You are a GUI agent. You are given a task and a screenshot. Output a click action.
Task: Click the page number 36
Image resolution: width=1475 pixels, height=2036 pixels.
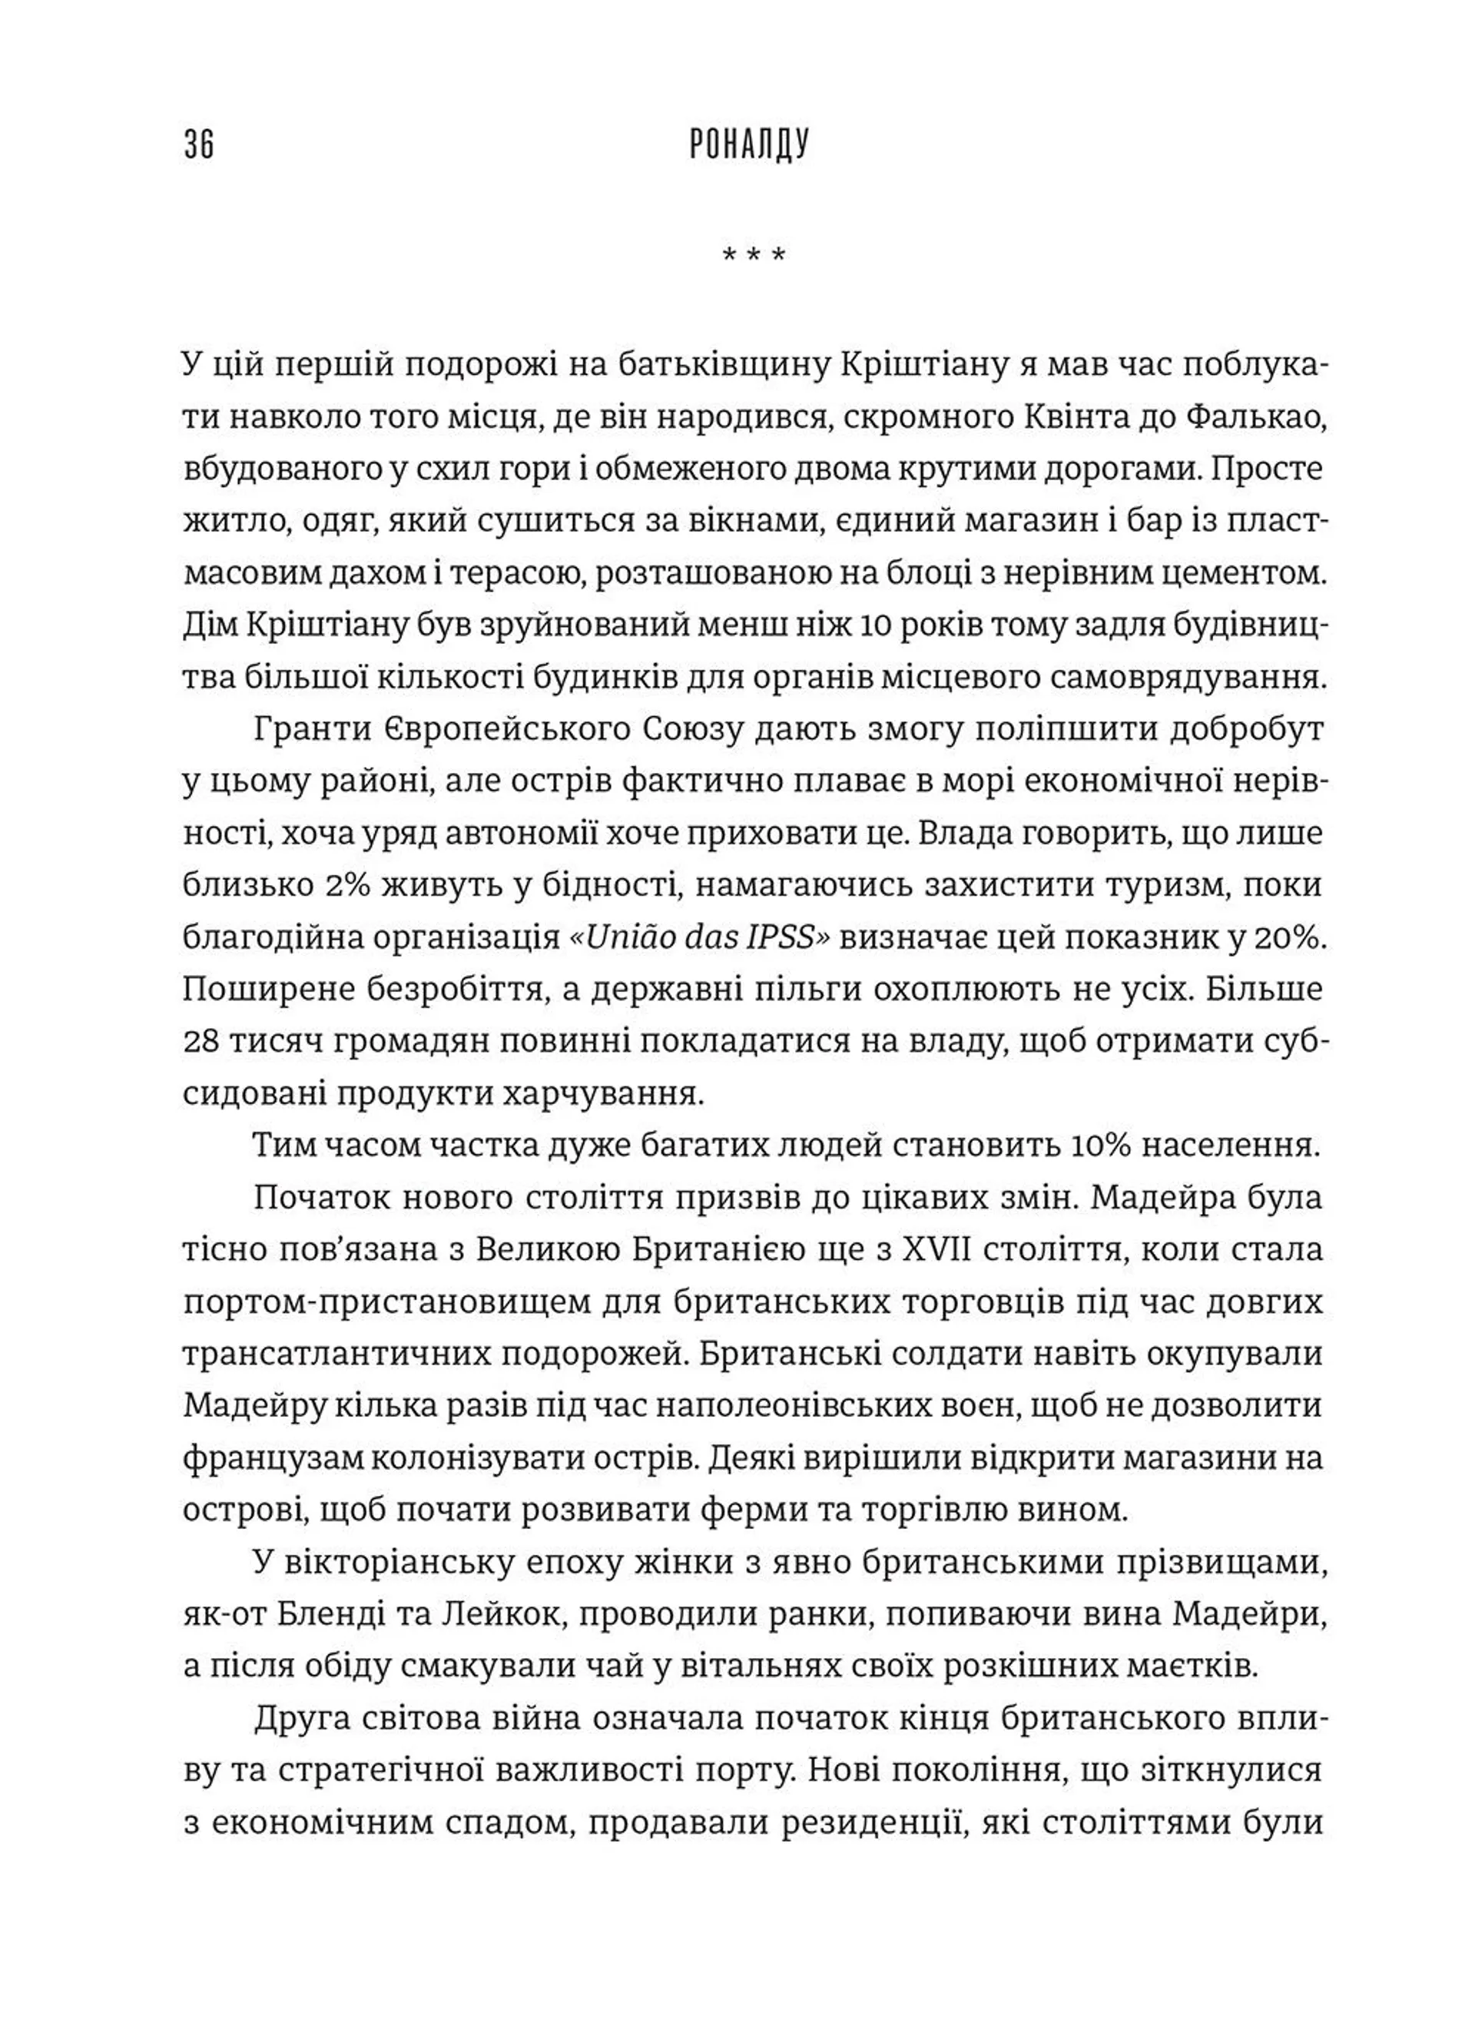[x=199, y=145]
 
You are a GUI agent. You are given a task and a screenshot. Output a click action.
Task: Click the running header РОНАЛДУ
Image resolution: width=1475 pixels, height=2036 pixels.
[x=750, y=145]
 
